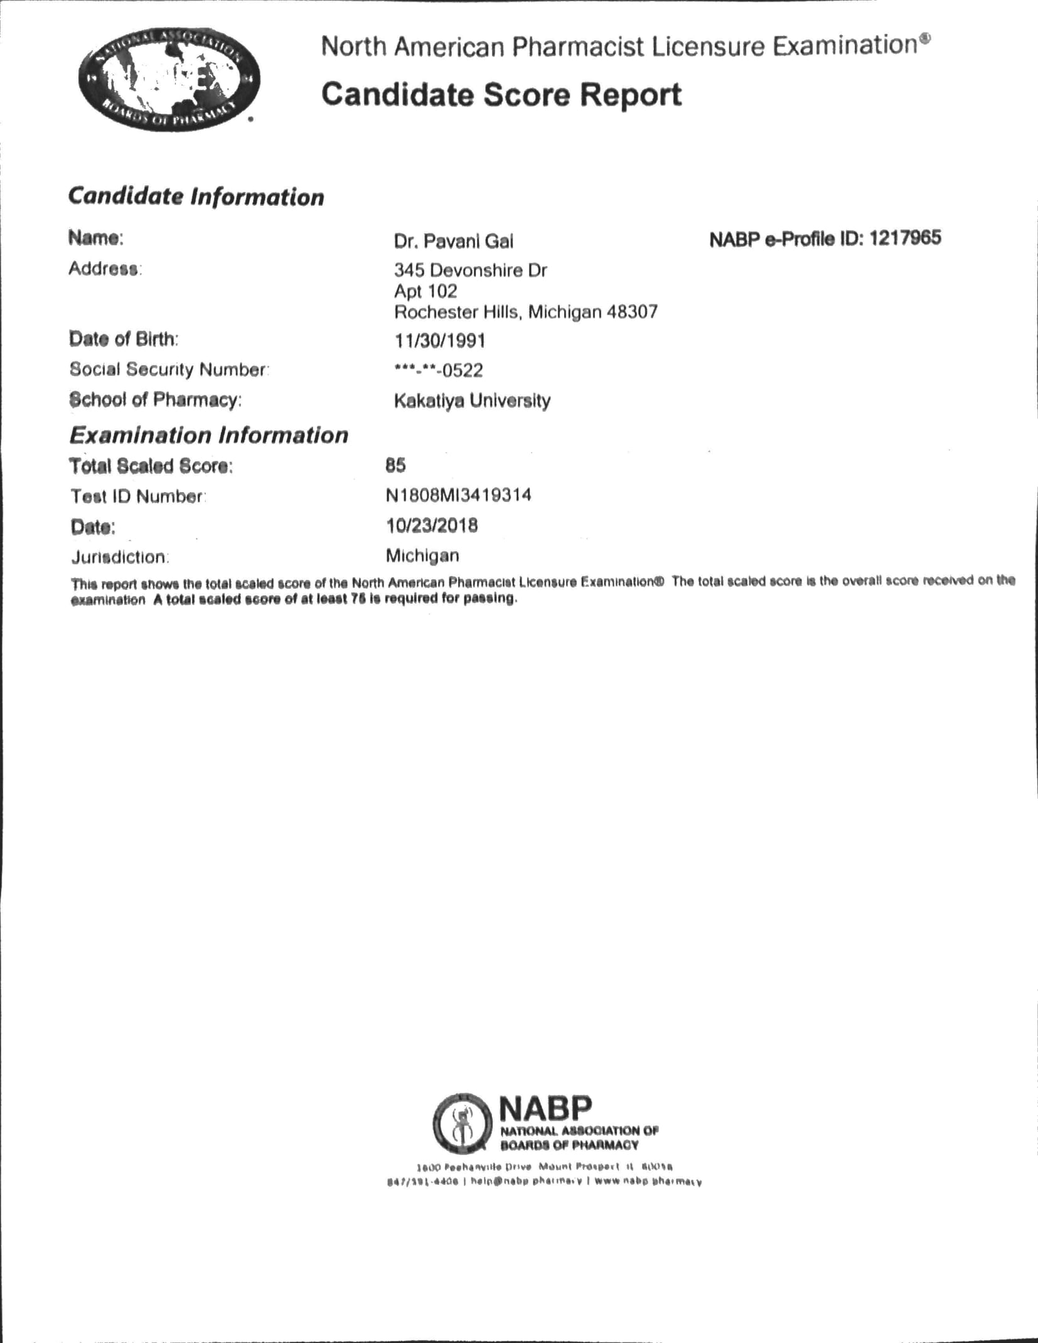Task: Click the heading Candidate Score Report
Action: click(x=501, y=95)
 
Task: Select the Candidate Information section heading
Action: click(x=196, y=196)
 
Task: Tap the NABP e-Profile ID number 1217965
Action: click(x=905, y=238)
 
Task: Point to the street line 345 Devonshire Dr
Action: click(x=470, y=270)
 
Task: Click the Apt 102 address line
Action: click(x=425, y=291)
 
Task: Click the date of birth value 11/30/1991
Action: click(x=440, y=341)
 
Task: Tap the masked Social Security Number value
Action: click(x=439, y=370)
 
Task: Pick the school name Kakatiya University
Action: click(x=472, y=400)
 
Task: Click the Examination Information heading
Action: click(x=208, y=435)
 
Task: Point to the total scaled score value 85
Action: click(x=396, y=465)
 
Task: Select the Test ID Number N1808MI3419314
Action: click(x=459, y=495)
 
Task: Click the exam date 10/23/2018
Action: click(x=432, y=525)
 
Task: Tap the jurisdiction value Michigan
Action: click(x=422, y=555)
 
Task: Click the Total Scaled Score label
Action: click(x=151, y=466)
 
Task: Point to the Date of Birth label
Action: click(x=124, y=339)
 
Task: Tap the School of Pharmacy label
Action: click(x=155, y=400)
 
